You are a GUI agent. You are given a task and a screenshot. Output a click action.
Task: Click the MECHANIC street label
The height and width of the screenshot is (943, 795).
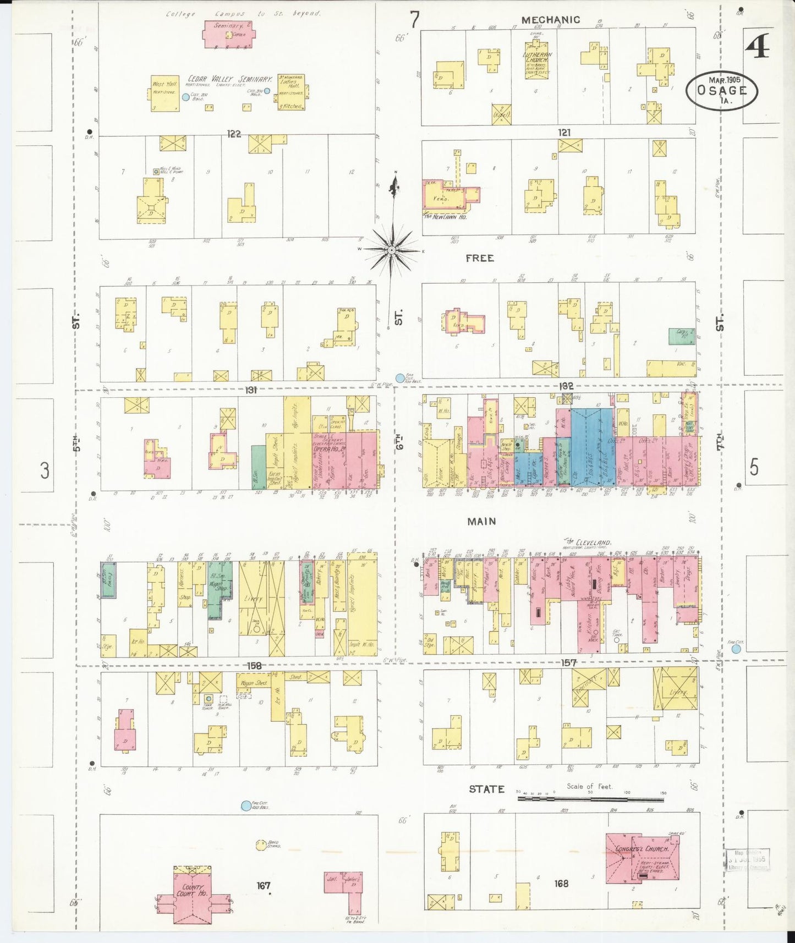tap(550, 20)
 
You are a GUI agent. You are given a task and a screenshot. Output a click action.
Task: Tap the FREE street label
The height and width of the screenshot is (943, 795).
tap(479, 258)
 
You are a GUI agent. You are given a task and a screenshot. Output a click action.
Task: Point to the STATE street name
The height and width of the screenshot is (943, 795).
tap(486, 790)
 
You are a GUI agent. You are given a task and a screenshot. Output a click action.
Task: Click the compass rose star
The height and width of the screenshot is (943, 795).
tap(391, 250)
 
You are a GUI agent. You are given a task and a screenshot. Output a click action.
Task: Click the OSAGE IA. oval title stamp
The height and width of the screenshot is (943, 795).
tap(722, 90)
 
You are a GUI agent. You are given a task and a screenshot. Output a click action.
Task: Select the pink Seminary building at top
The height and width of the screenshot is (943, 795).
tap(229, 34)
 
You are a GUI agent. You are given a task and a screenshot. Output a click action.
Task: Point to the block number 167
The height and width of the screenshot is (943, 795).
tap(264, 885)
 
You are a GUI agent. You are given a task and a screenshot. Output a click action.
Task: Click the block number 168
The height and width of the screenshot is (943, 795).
tap(561, 884)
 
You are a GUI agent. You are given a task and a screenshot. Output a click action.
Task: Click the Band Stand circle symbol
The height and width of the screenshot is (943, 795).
tap(261, 845)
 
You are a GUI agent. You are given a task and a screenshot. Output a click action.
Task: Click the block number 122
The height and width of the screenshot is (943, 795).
tap(234, 134)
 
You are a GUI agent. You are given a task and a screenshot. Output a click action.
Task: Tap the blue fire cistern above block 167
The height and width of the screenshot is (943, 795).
tap(245, 807)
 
